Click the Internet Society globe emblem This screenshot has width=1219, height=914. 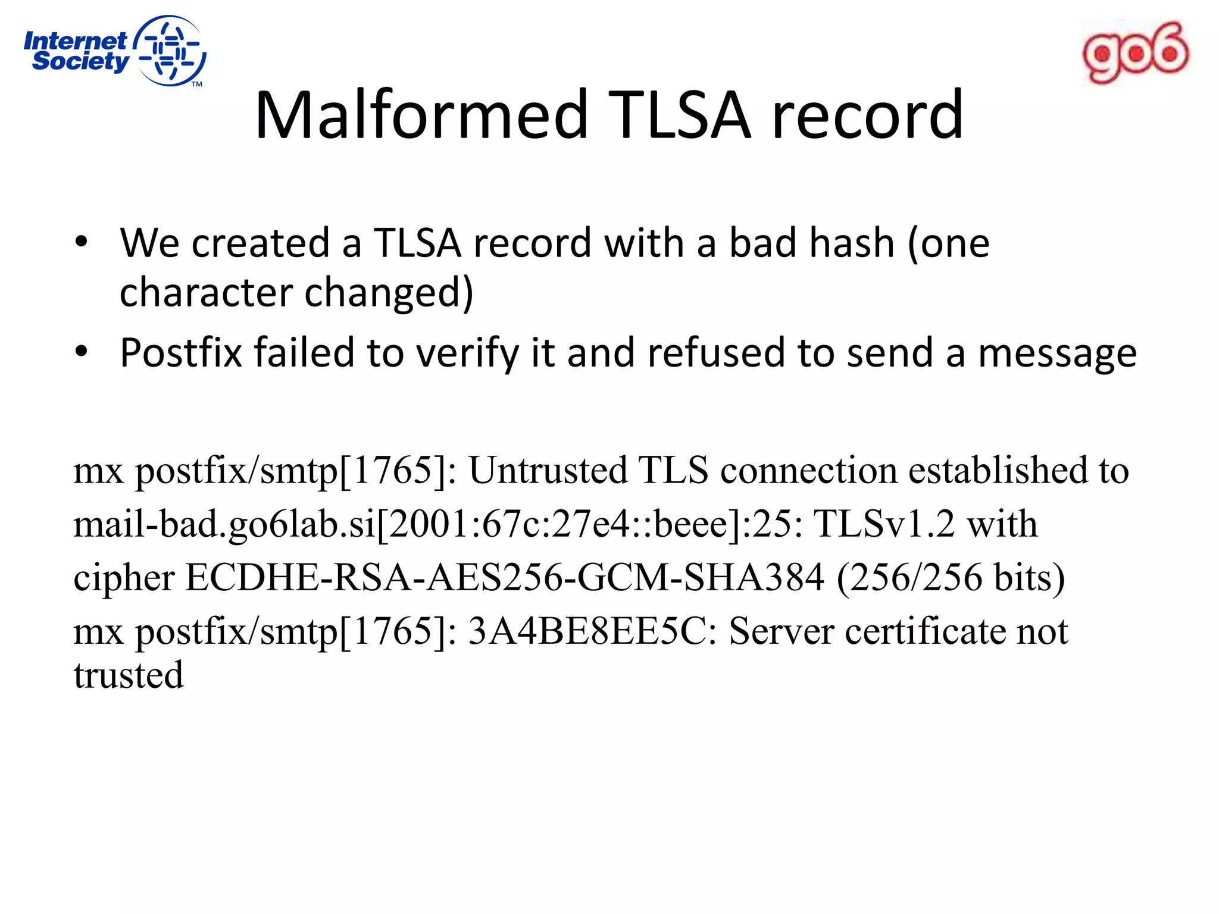coord(170,51)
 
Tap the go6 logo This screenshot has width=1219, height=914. coord(1135,53)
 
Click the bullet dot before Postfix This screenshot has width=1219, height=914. coord(82,352)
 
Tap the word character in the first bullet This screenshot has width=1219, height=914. coord(206,293)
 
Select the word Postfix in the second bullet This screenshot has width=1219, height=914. coord(181,352)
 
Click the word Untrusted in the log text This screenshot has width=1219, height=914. coord(548,470)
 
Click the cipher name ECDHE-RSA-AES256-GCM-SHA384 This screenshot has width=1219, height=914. coord(505,578)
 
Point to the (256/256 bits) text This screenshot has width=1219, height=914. coord(951,578)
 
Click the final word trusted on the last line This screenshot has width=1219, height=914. coord(129,675)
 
